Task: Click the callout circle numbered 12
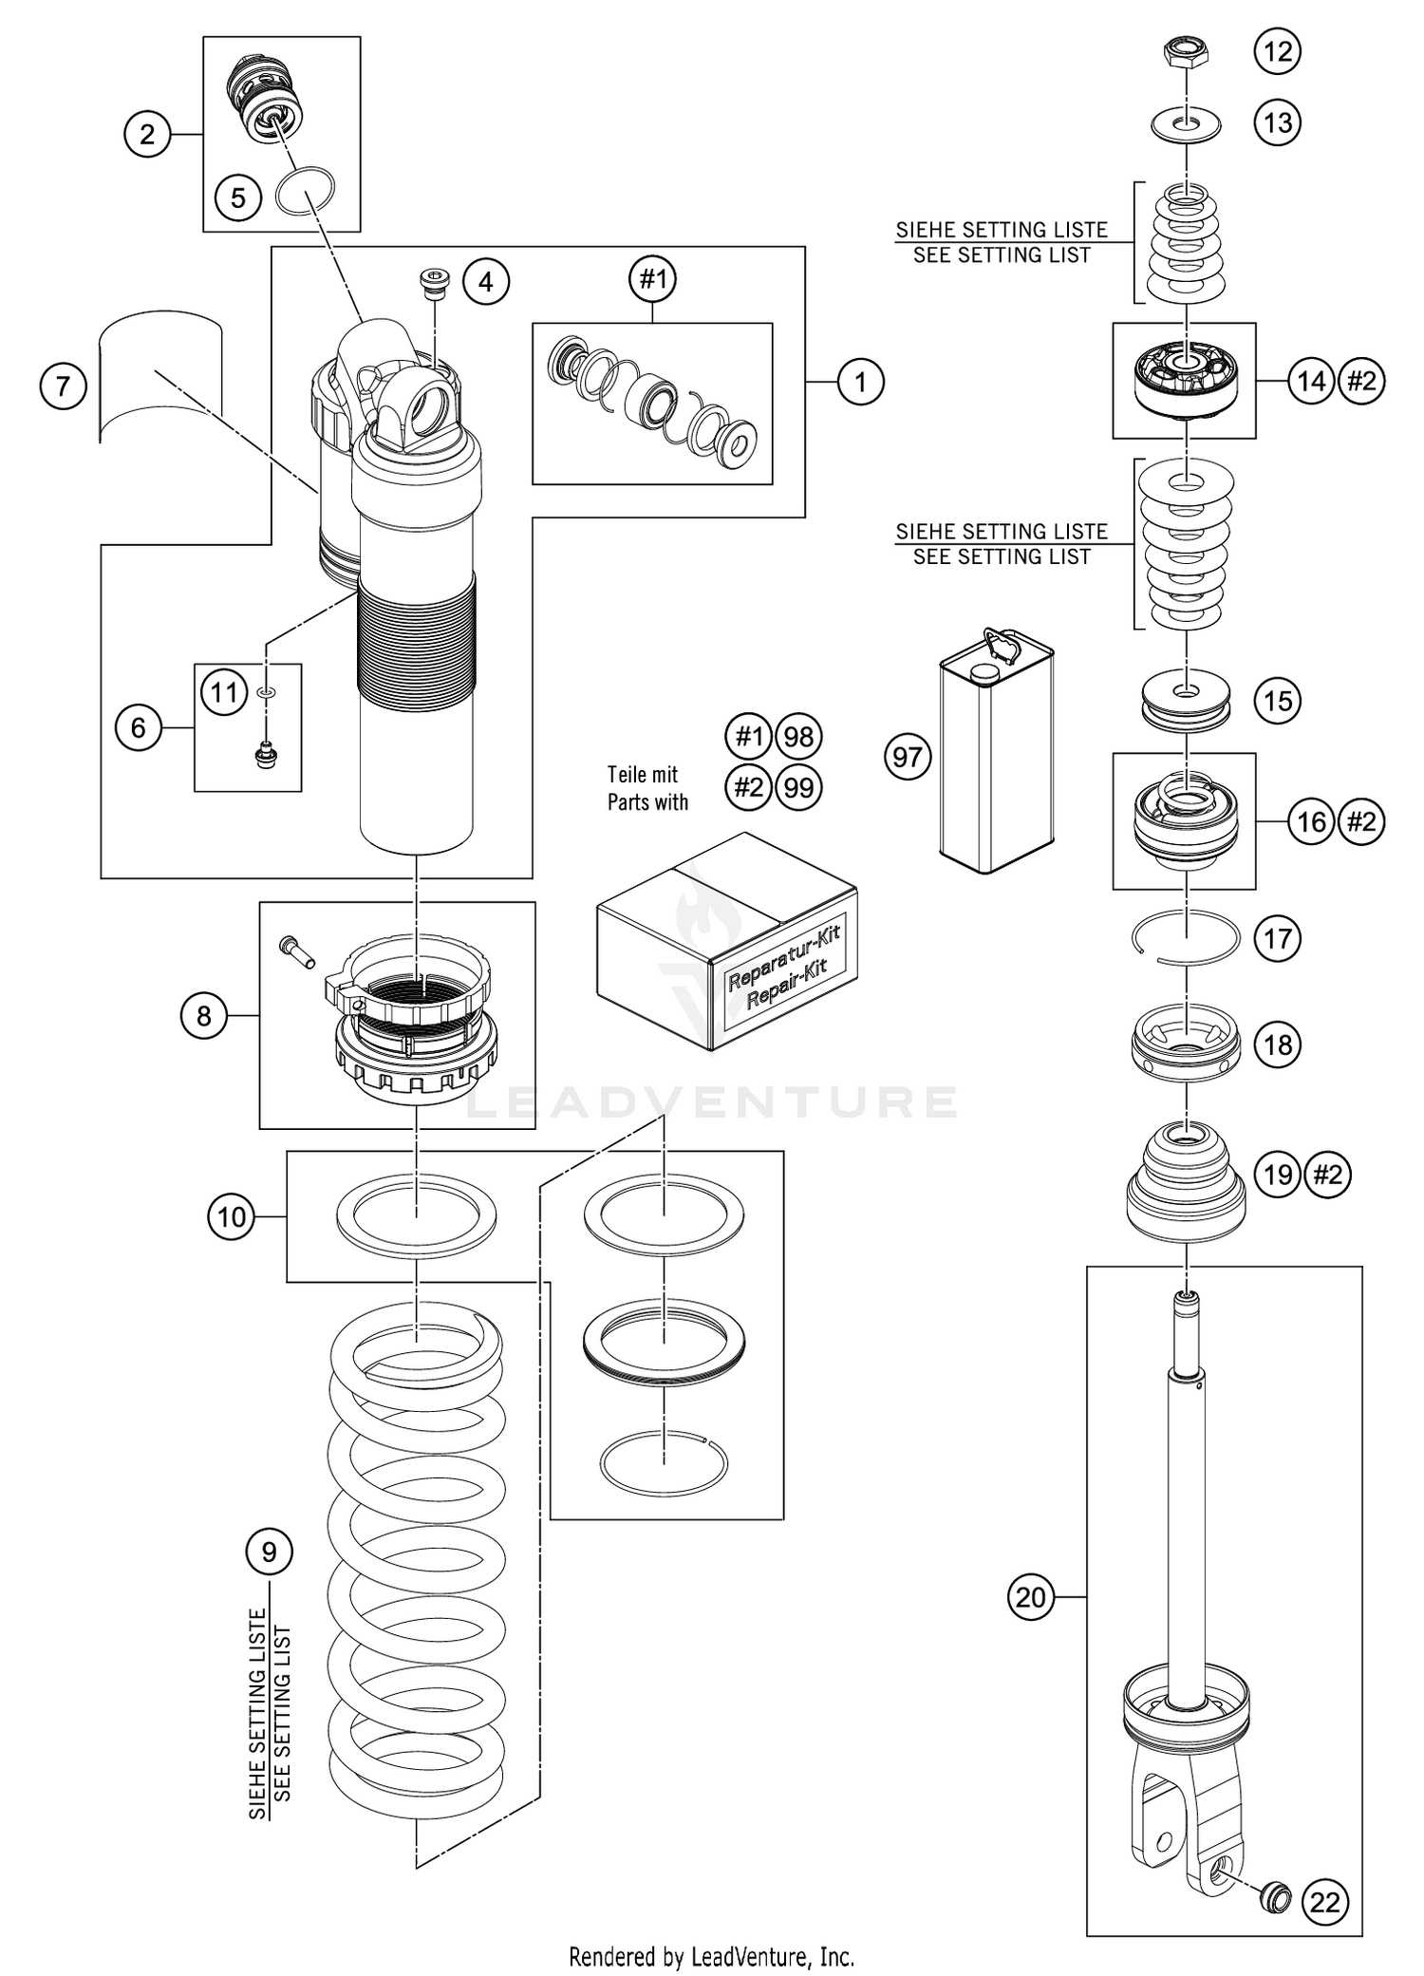pyautogui.click(x=1278, y=51)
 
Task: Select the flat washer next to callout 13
pyautogui.click(x=1186, y=124)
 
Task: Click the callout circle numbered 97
pyautogui.click(x=908, y=757)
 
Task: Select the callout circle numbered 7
pyautogui.click(x=64, y=386)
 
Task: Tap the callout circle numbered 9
pyautogui.click(x=269, y=1552)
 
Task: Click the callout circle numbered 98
pyautogui.click(x=799, y=737)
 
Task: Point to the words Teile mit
pyautogui.click(x=643, y=775)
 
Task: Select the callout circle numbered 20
pyautogui.click(x=1030, y=1597)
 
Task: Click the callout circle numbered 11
pyautogui.click(x=224, y=691)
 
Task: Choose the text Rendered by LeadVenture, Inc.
pyautogui.click(x=711, y=1956)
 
